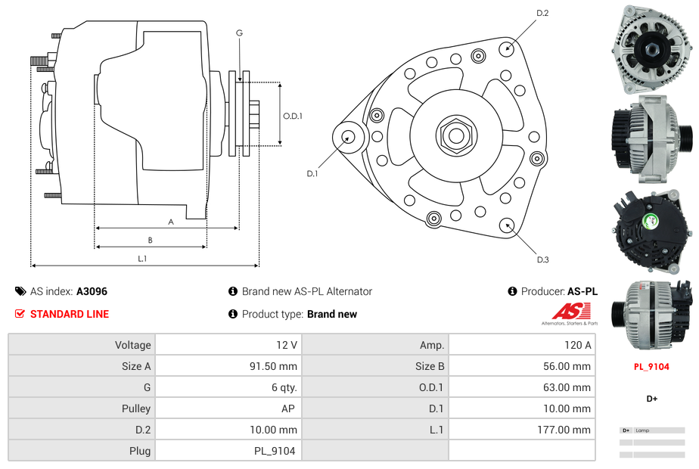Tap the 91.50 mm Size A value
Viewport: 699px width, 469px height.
point(273,366)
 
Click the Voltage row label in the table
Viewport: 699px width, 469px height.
point(132,345)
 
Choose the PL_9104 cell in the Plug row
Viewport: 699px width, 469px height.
point(275,451)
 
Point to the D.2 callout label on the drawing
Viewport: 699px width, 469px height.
point(542,14)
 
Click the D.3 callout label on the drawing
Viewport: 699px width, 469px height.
point(542,260)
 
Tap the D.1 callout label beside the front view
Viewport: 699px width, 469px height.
point(312,174)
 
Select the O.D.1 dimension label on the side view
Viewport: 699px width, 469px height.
point(293,116)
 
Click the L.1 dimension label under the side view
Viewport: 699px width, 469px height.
point(142,259)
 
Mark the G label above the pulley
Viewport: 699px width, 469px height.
point(239,33)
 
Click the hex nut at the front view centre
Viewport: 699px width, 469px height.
point(456,136)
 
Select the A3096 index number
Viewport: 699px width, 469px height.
point(92,291)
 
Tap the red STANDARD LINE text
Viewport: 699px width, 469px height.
point(70,314)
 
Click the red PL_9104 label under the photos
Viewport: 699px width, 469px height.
point(651,367)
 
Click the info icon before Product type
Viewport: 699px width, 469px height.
point(233,314)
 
